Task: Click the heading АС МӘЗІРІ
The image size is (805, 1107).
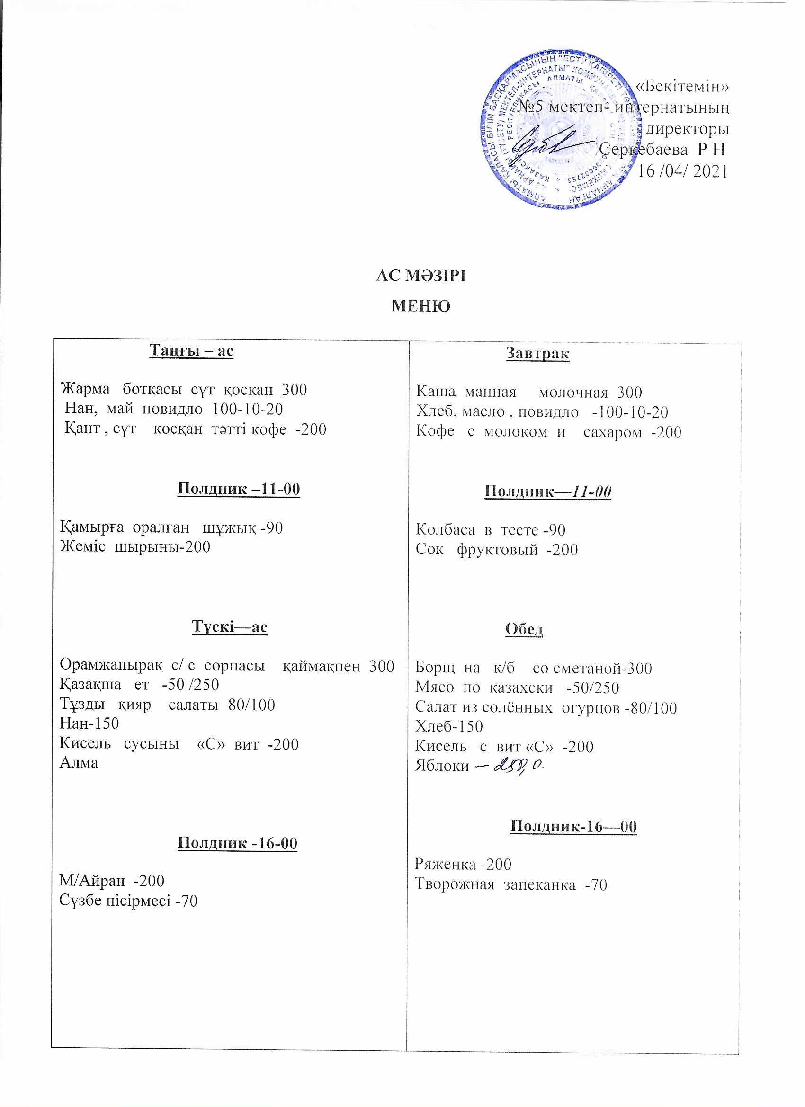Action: tap(421, 276)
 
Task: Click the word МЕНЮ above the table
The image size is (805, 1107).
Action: tap(421, 306)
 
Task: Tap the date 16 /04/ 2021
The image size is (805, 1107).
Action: tap(683, 171)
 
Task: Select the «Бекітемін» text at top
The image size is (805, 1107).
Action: tap(682, 86)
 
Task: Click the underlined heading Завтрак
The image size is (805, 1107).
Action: tap(537, 353)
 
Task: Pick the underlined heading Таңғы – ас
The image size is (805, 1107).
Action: tap(191, 351)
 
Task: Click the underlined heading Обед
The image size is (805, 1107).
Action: tap(524, 629)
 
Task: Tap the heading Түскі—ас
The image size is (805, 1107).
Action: tap(230, 627)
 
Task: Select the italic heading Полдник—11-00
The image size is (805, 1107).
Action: tap(548, 491)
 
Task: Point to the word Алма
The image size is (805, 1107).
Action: tap(79, 763)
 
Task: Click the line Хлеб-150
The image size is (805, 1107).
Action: tap(449, 726)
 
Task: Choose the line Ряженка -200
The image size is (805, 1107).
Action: tap(463, 865)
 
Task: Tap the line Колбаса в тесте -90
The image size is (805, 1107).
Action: tap(491, 530)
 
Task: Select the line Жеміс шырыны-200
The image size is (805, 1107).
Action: tap(135, 547)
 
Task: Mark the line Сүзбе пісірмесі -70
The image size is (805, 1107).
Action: tap(128, 901)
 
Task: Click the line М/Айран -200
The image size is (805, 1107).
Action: tap(112, 881)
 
